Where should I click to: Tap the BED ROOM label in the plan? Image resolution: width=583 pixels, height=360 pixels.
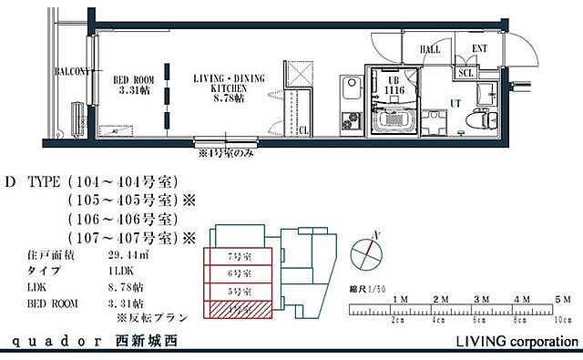click(134, 85)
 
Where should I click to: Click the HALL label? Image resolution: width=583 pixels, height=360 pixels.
click(430, 49)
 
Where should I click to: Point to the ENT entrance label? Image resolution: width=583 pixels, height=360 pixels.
click(479, 49)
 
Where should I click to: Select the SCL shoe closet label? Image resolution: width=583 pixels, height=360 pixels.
click(465, 72)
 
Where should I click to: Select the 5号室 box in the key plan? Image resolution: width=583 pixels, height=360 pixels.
click(239, 292)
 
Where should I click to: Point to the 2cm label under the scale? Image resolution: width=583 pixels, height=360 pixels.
click(398, 321)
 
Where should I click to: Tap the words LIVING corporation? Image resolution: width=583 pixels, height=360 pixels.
click(516, 343)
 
